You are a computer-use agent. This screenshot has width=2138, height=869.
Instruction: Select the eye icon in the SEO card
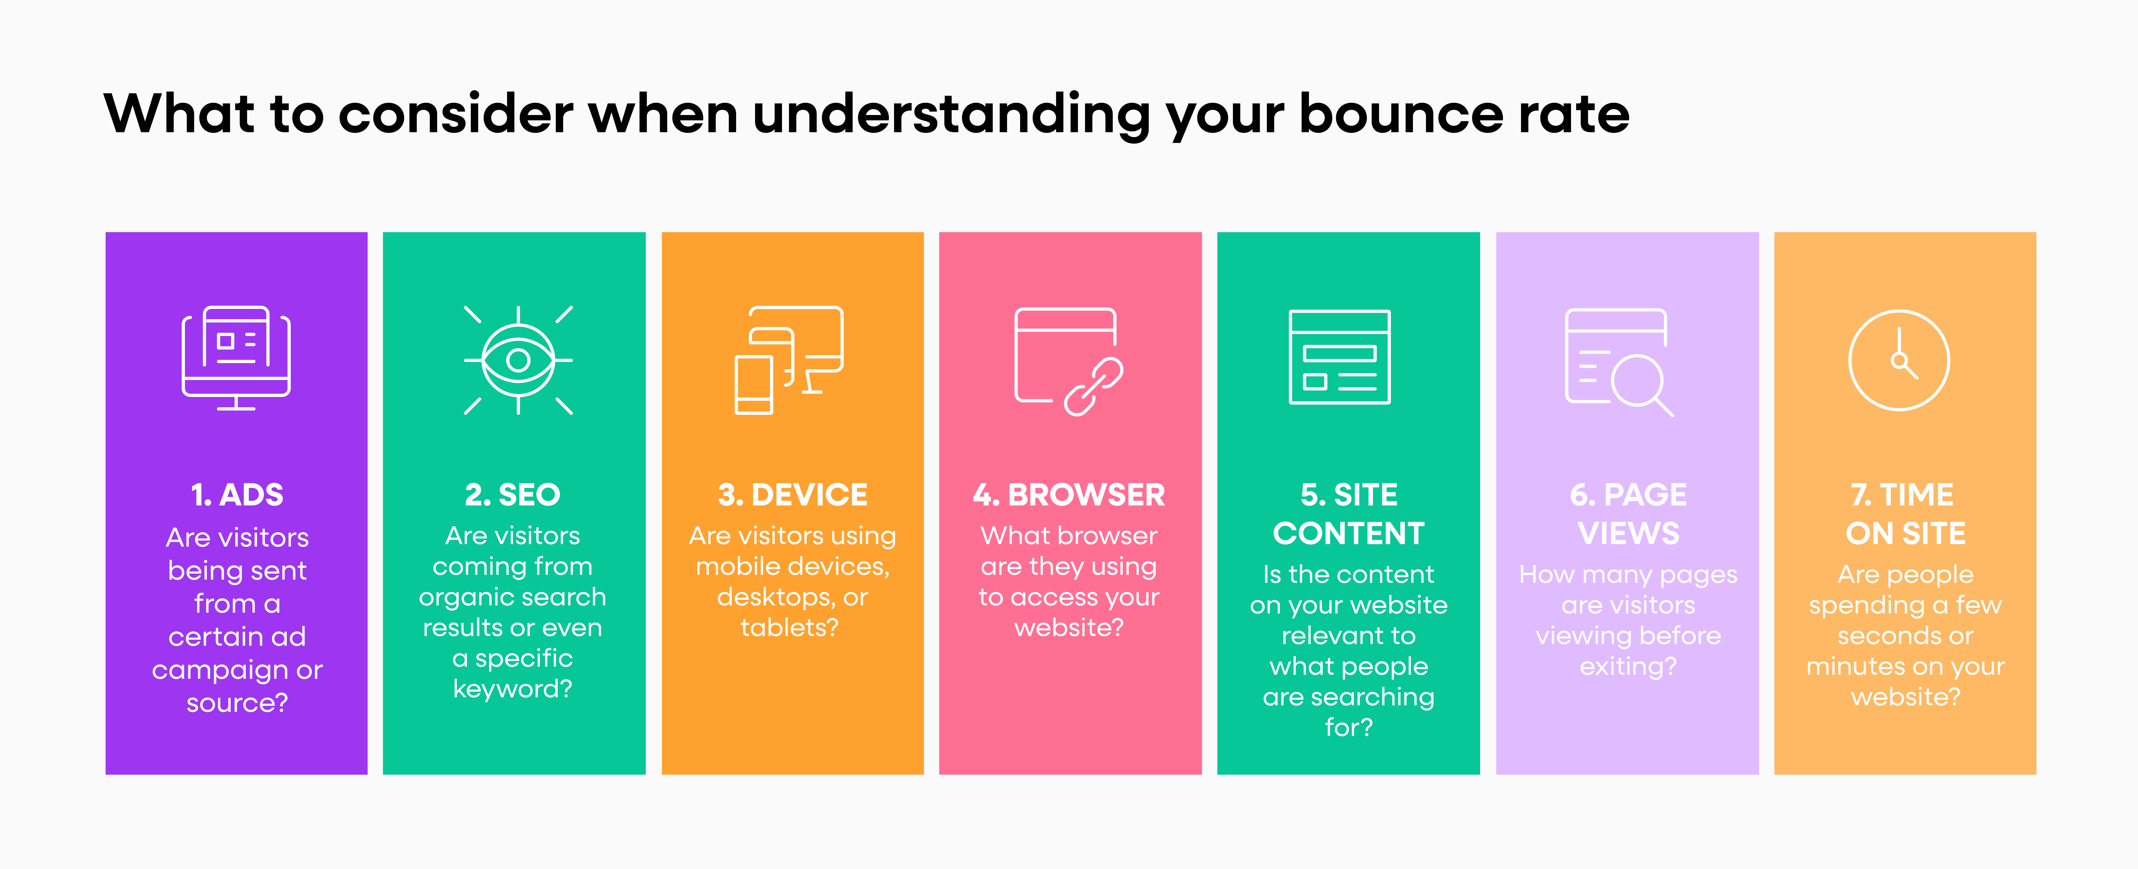coord(518,360)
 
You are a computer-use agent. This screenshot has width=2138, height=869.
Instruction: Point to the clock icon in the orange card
coord(1899,360)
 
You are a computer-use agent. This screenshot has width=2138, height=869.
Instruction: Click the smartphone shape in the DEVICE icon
coord(754,384)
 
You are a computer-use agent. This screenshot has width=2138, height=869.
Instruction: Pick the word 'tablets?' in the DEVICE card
coord(789,627)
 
